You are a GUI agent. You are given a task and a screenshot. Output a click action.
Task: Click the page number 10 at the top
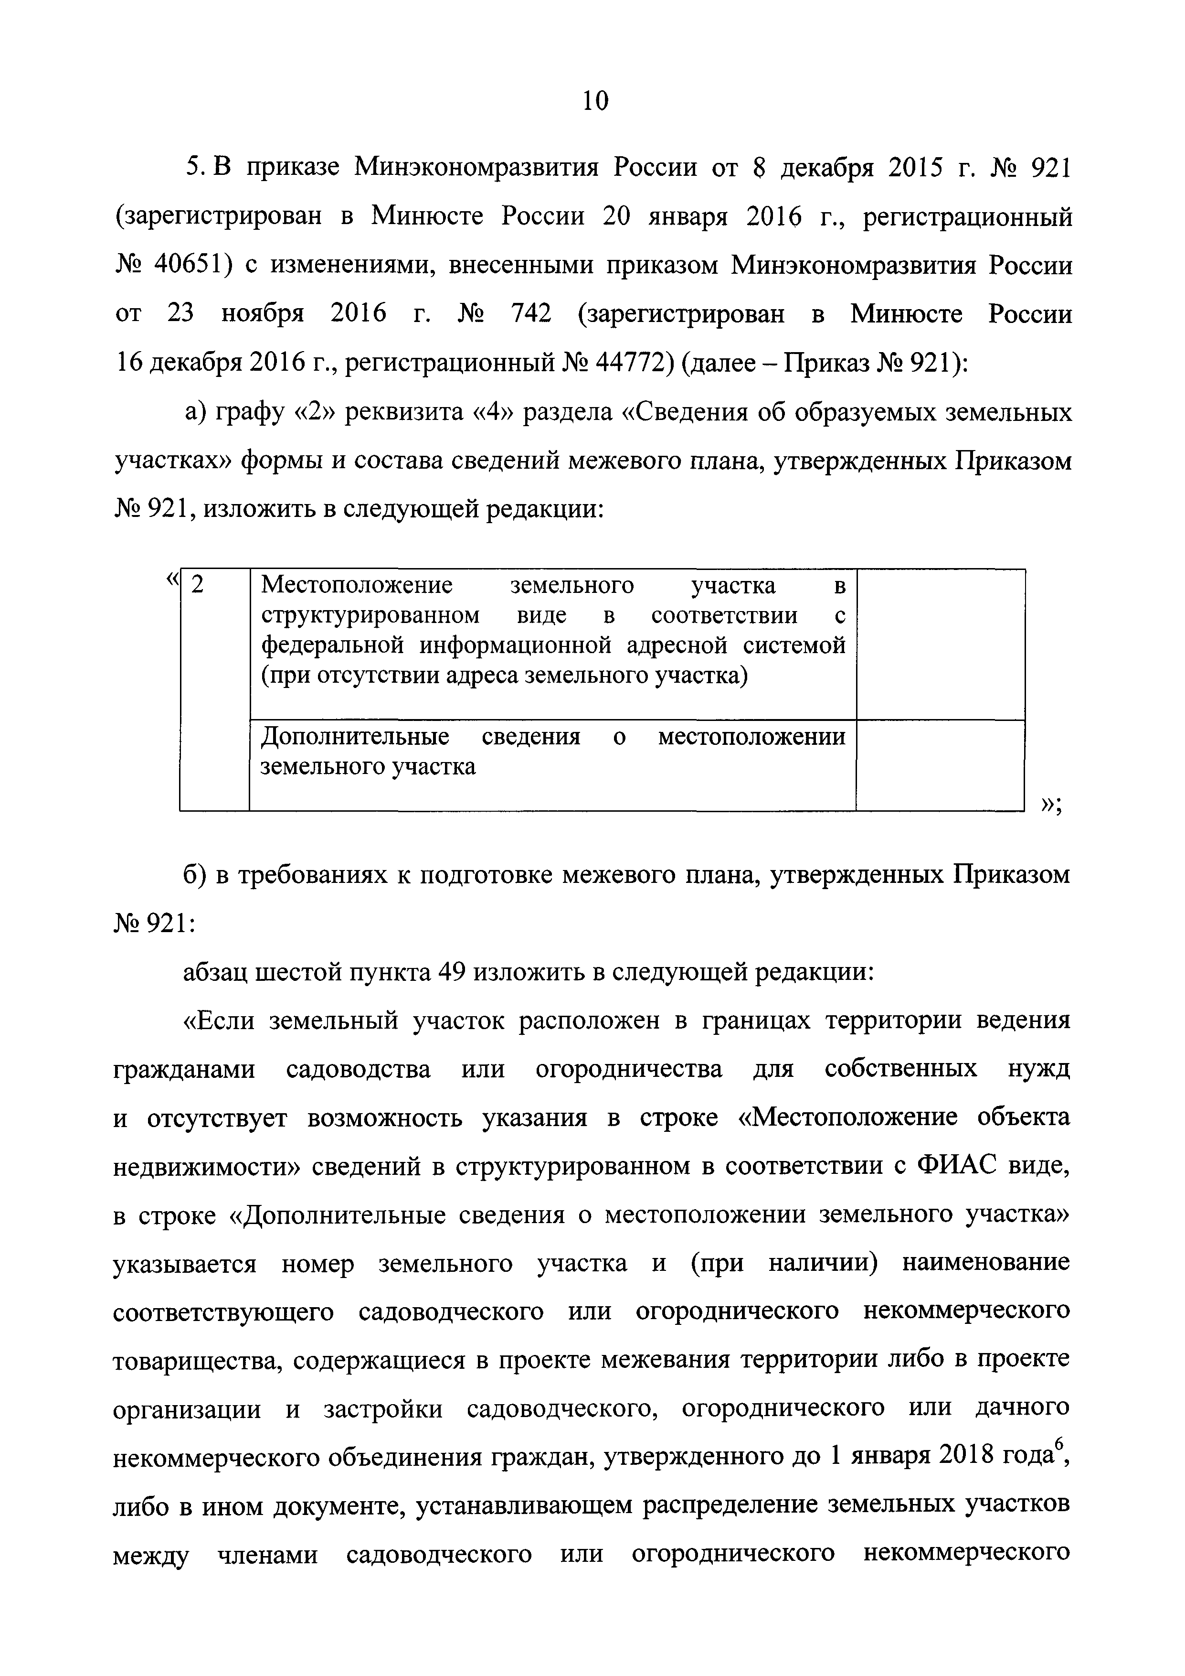595,101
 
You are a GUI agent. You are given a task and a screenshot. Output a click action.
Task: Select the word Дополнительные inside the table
355,737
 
